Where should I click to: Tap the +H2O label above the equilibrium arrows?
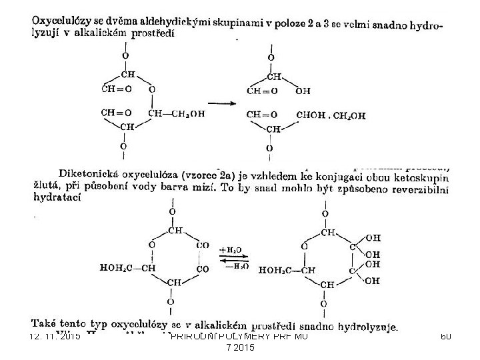pyautogui.click(x=233, y=250)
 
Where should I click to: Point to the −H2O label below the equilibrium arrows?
pyautogui.click(x=233, y=267)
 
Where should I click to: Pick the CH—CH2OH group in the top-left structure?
pyautogui.click(x=177, y=113)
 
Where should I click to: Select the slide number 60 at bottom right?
pyautogui.click(x=445, y=336)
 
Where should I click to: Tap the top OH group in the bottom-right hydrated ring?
pyautogui.click(x=374, y=237)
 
